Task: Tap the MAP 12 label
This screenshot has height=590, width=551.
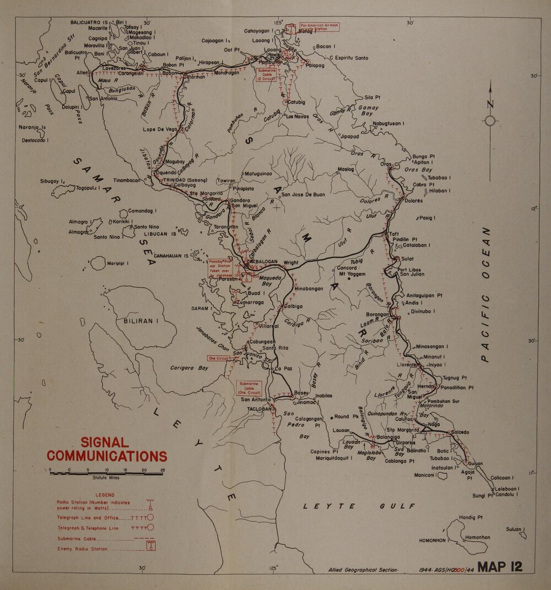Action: [500, 566]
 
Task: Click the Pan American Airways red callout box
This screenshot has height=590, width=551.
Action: [319, 28]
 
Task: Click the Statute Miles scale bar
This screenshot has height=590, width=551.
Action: [106, 473]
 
